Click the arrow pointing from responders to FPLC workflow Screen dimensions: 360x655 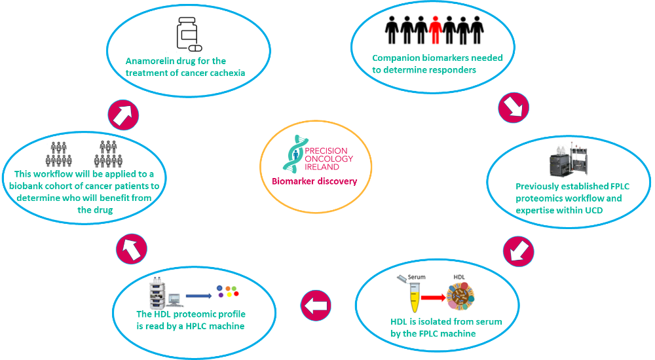(x=514, y=108)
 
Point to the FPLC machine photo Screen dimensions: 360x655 (x=565, y=160)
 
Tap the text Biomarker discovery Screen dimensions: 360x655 (x=315, y=181)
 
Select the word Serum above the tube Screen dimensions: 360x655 (x=417, y=277)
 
